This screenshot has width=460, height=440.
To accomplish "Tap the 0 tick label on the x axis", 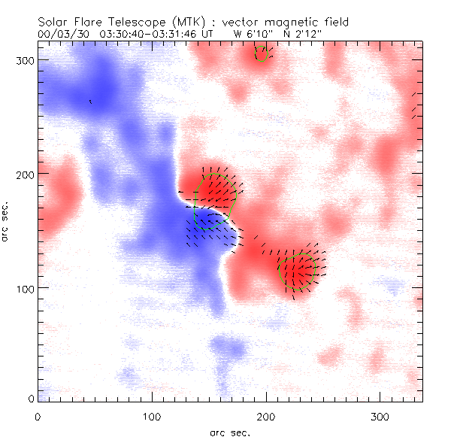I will [x=38, y=415].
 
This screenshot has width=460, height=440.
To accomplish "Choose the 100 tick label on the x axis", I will [x=152, y=415].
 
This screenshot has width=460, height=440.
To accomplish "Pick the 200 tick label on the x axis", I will [x=266, y=415].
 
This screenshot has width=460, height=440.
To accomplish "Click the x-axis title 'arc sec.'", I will [x=230, y=432].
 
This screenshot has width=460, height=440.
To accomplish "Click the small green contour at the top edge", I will [x=262, y=53].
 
